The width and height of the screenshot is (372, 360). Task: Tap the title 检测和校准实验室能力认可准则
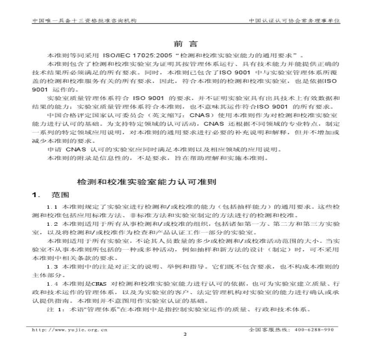pyautogui.click(x=147, y=182)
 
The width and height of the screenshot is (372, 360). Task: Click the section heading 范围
pyautogui.click(x=60, y=195)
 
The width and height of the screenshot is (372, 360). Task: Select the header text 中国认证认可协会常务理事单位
pyautogui.click(x=295, y=20)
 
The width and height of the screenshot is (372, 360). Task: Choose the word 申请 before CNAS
pyautogui.click(x=54, y=150)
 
